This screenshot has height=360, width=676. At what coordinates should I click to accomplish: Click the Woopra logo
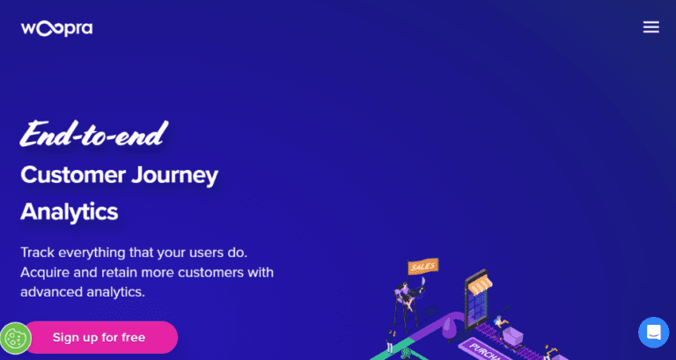point(56,28)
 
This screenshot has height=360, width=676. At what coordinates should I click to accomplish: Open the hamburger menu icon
point(651,27)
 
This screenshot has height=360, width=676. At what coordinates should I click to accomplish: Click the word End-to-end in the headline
point(92,135)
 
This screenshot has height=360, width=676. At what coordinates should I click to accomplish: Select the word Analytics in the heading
point(70,212)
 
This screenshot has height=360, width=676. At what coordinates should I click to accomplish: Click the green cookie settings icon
point(15,338)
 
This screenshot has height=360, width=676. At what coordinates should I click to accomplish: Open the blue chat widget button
point(654,333)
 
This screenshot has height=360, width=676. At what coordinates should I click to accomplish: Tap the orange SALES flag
point(423,266)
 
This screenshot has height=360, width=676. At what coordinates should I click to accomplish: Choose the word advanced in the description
point(53,291)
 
